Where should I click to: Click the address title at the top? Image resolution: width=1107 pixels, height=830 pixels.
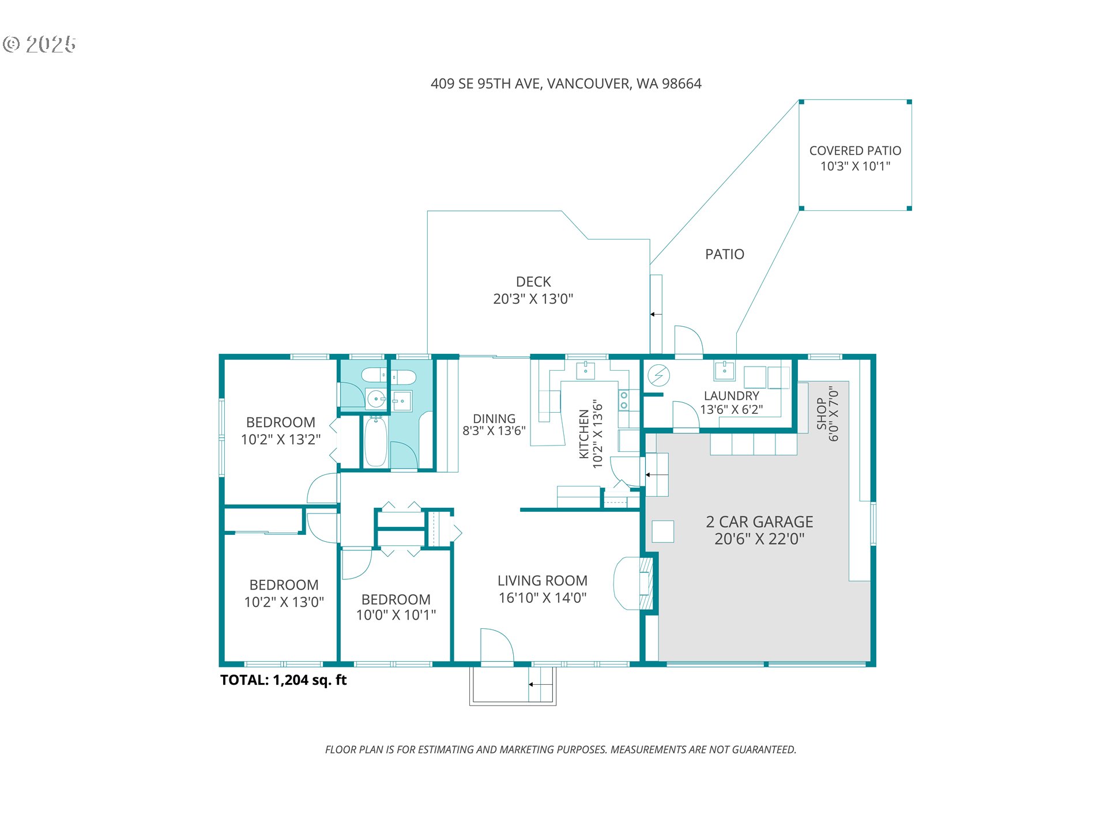(566, 84)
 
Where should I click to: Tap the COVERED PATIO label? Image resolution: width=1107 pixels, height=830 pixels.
(855, 151)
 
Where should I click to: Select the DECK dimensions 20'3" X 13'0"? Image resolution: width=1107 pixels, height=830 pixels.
(533, 299)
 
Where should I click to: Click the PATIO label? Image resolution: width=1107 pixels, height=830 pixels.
(725, 254)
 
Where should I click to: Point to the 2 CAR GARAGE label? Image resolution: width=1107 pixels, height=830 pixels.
(759, 522)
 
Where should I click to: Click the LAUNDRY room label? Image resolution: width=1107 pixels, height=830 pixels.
(732, 396)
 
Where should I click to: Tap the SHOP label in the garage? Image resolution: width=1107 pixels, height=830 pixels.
(822, 413)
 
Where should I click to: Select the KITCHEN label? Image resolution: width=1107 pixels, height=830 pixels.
(584, 434)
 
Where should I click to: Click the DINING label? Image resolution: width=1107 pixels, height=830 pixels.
(494, 418)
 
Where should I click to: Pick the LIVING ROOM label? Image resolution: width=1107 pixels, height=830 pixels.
(543, 580)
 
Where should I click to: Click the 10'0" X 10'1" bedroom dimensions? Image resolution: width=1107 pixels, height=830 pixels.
(396, 615)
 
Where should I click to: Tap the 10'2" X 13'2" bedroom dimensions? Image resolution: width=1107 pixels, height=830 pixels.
(281, 439)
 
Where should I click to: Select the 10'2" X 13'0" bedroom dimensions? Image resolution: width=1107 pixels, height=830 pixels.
(284, 602)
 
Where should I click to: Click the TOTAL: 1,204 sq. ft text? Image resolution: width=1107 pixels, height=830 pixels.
(283, 680)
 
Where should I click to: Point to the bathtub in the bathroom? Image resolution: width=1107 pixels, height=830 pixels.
(376, 442)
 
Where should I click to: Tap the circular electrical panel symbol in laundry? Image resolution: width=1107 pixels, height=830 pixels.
(658, 376)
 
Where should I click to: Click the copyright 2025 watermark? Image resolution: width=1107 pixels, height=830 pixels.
(39, 44)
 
